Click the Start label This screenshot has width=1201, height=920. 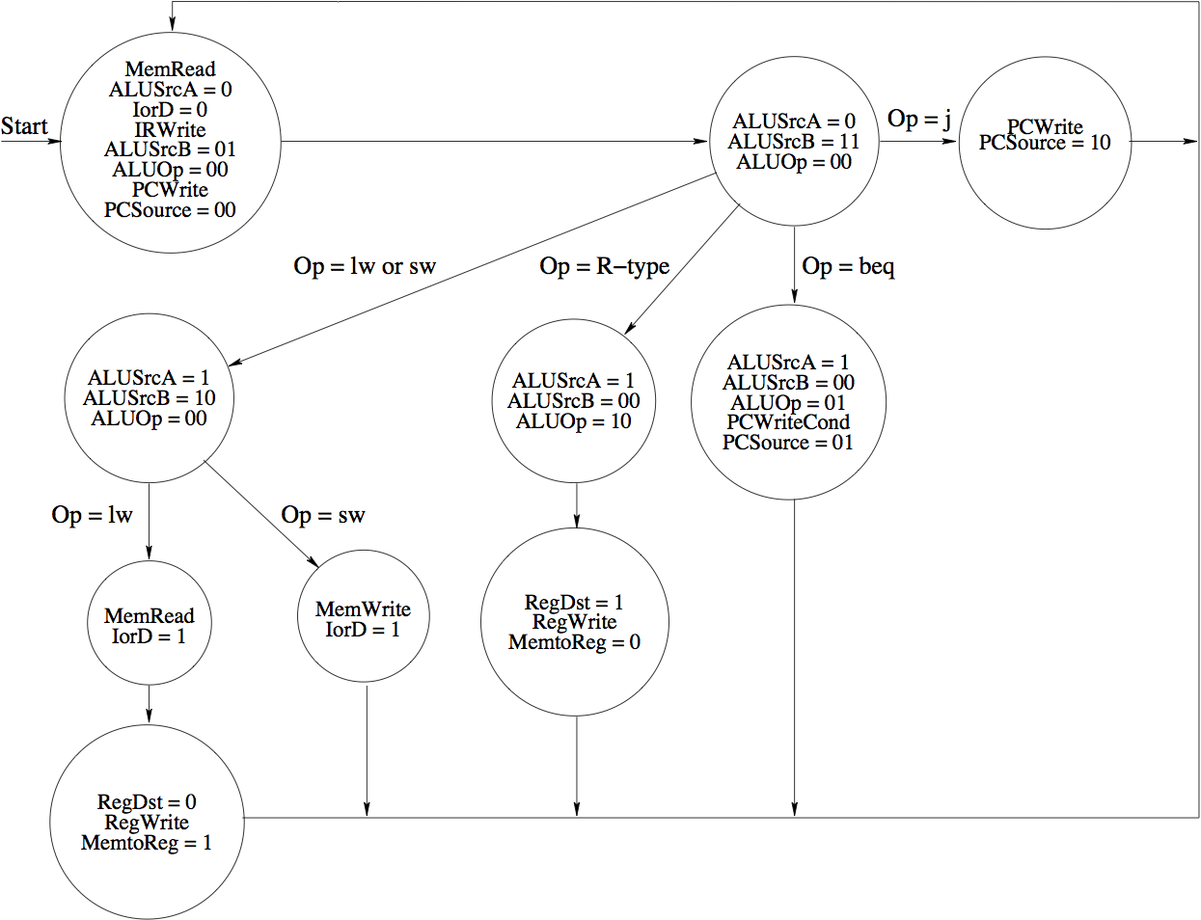tap(24, 126)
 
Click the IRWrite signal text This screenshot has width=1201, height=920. tap(170, 129)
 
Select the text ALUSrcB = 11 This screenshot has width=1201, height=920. tap(793, 142)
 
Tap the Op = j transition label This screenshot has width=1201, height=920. tap(918, 119)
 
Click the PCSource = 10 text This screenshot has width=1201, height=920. tap(1045, 143)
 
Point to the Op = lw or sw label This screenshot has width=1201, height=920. tap(365, 266)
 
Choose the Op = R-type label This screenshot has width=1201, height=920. tap(604, 266)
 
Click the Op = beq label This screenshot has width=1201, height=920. tap(848, 266)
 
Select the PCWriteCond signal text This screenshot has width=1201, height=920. tap(788, 422)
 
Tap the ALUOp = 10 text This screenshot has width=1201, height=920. tap(573, 421)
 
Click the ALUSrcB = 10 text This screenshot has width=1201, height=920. tap(149, 398)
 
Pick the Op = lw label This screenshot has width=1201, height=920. tap(92, 515)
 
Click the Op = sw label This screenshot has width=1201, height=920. tap(323, 515)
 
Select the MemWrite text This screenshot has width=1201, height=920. tap(363, 609)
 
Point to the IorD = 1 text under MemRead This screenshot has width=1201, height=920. tap(149, 636)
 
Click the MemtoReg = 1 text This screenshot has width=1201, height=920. tap(147, 843)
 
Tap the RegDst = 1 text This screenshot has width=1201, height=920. tap(574, 603)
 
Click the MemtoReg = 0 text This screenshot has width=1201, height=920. tap(574, 642)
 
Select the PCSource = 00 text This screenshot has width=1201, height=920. tap(170, 210)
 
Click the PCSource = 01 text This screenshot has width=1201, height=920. tap(788, 443)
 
